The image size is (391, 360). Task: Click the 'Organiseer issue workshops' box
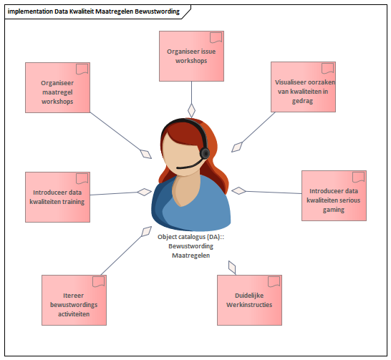191,56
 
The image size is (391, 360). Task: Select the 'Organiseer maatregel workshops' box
57,87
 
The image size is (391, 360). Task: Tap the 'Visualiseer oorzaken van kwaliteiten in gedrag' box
303,87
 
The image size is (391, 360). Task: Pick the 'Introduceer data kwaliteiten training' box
57,197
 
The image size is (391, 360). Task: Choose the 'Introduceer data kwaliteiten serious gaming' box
334,195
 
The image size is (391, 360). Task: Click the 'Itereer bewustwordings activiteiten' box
74,300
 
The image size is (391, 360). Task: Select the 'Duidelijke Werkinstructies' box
249,300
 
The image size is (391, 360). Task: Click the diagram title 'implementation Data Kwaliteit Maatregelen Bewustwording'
94,11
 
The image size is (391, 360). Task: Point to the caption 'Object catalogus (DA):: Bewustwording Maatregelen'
190,246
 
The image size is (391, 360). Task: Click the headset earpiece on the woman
205,153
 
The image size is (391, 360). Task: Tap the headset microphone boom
190,165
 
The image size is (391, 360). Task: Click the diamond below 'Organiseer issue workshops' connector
191,111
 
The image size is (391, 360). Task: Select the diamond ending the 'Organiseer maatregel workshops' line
146,154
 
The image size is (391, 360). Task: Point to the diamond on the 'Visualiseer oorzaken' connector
237,147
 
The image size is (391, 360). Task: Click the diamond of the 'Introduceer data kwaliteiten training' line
145,192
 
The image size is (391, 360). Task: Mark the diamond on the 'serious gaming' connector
238,190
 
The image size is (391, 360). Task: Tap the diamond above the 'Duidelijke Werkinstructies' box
232,268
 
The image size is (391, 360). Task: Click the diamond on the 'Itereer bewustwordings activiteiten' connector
146,231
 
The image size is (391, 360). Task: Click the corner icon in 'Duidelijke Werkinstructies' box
274,282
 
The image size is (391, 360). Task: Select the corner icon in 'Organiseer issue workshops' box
216,38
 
